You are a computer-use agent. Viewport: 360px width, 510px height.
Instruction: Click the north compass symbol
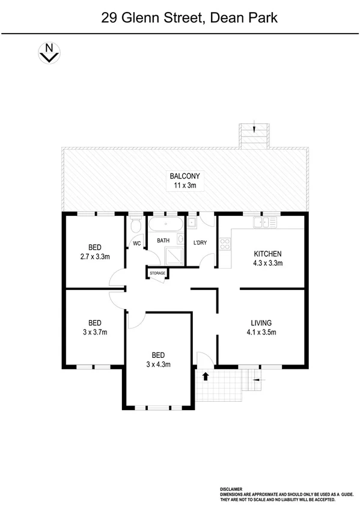coord(48,52)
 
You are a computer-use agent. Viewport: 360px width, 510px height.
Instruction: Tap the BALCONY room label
coord(185,176)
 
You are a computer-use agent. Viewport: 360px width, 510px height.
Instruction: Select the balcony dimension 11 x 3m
coord(185,186)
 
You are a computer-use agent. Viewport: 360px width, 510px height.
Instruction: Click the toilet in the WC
coord(136,225)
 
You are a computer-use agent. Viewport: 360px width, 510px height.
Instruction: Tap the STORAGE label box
coord(157,273)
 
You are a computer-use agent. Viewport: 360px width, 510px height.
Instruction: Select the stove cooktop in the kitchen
coord(225,244)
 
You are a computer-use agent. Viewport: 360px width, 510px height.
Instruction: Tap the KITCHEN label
coord(267,253)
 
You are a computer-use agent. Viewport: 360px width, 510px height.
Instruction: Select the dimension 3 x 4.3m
coord(159,364)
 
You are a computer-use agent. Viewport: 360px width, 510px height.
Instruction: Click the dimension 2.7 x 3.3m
coord(94,256)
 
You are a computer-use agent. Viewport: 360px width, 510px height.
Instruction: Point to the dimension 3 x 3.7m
coord(94,331)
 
